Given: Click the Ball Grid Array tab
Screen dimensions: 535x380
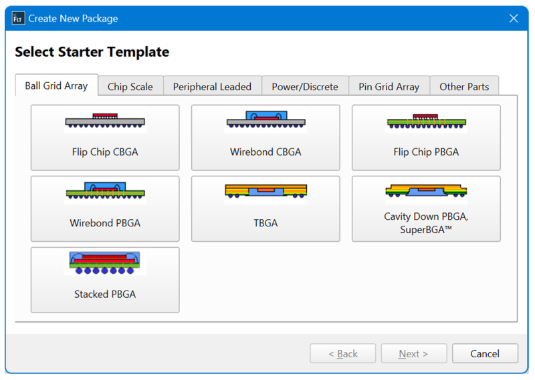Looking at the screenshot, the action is point(57,85).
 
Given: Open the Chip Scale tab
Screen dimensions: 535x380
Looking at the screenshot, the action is point(130,87).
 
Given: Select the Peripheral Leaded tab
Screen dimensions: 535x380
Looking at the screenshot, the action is point(212,87).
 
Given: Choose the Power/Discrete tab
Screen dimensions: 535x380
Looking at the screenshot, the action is point(305,87).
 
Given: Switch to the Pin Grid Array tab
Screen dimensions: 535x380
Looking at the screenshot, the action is point(389,87).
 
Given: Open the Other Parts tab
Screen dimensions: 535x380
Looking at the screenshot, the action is point(464,87).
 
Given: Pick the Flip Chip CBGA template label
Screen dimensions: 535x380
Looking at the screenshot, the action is point(105,152).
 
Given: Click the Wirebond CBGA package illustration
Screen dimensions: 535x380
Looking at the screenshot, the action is point(265,120).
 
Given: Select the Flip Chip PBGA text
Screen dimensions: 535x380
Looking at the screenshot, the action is point(426,152).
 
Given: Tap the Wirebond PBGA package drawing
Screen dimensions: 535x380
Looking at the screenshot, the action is point(105,191).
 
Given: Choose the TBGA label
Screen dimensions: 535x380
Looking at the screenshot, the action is point(265,223).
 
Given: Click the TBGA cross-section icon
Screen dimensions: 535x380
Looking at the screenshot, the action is point(265,192).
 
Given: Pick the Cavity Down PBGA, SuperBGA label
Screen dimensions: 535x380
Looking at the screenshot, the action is point(426,223).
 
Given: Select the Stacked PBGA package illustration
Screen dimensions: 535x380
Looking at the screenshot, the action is point(105,262).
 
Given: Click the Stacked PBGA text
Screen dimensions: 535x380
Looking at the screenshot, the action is point(105,294).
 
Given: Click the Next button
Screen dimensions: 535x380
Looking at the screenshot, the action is point(414,353).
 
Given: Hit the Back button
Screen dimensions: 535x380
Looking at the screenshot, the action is point(343,353).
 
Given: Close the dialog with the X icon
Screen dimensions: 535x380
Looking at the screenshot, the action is point(514,19).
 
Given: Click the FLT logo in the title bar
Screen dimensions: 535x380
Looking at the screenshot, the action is point(18,19).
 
